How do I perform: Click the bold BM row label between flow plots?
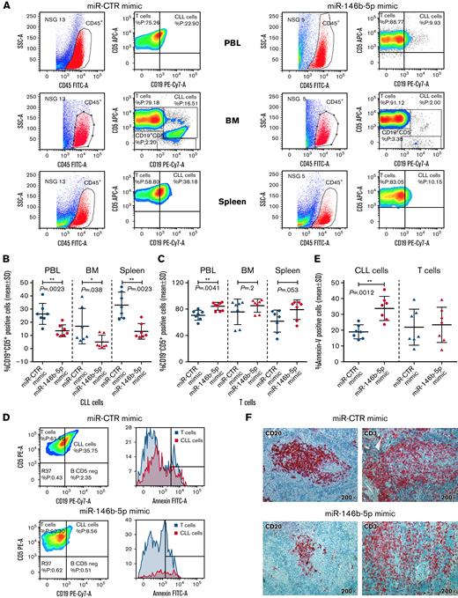point(228,115)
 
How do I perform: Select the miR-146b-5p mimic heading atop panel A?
point(343,6)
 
